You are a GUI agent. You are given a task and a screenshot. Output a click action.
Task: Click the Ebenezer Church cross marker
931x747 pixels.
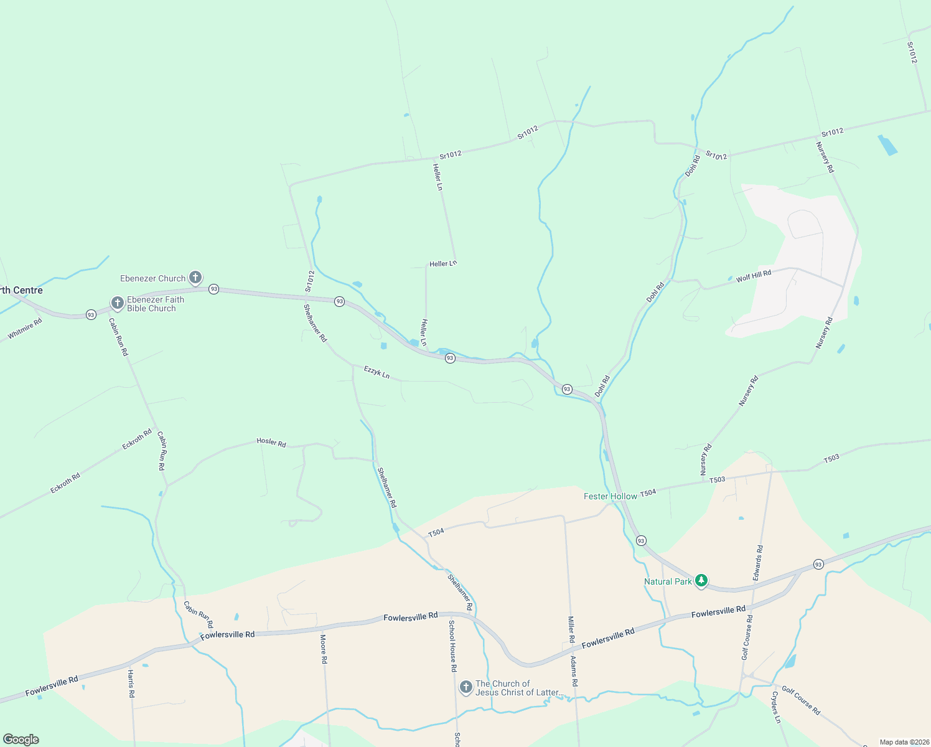(195, 277)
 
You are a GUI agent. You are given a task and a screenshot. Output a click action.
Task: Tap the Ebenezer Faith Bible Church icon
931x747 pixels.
(118, 303)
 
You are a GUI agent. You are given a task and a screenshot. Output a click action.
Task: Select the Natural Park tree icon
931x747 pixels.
(701, 580)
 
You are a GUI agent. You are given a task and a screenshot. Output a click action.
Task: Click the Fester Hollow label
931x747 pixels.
(610, 496)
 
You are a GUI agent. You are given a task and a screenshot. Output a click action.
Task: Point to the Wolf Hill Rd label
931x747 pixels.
(753, 276)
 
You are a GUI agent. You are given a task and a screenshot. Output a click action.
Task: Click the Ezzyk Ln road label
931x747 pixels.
(377, 372)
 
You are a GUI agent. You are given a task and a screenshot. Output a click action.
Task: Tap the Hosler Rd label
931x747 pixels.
(271, 443)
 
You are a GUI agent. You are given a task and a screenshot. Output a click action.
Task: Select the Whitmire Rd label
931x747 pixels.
(25, 329)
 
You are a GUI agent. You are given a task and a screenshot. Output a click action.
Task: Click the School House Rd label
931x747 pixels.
(452, 646)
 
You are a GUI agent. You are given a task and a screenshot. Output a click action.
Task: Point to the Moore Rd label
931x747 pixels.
(324, 649)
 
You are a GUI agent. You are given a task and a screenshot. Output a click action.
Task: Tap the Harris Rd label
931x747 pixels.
(131, 683)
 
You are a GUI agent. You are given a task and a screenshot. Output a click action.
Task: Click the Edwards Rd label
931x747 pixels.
(758, 563)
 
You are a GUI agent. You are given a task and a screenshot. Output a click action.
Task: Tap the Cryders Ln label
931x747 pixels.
(776, 707)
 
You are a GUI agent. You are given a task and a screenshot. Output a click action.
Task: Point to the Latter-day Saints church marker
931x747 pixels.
(465, 687)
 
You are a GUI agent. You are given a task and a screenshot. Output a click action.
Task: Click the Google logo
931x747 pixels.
(21, 740)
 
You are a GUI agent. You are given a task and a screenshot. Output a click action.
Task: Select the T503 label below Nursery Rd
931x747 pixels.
(718, 480)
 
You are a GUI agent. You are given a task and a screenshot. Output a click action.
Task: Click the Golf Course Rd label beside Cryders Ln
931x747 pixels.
(801, 700)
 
